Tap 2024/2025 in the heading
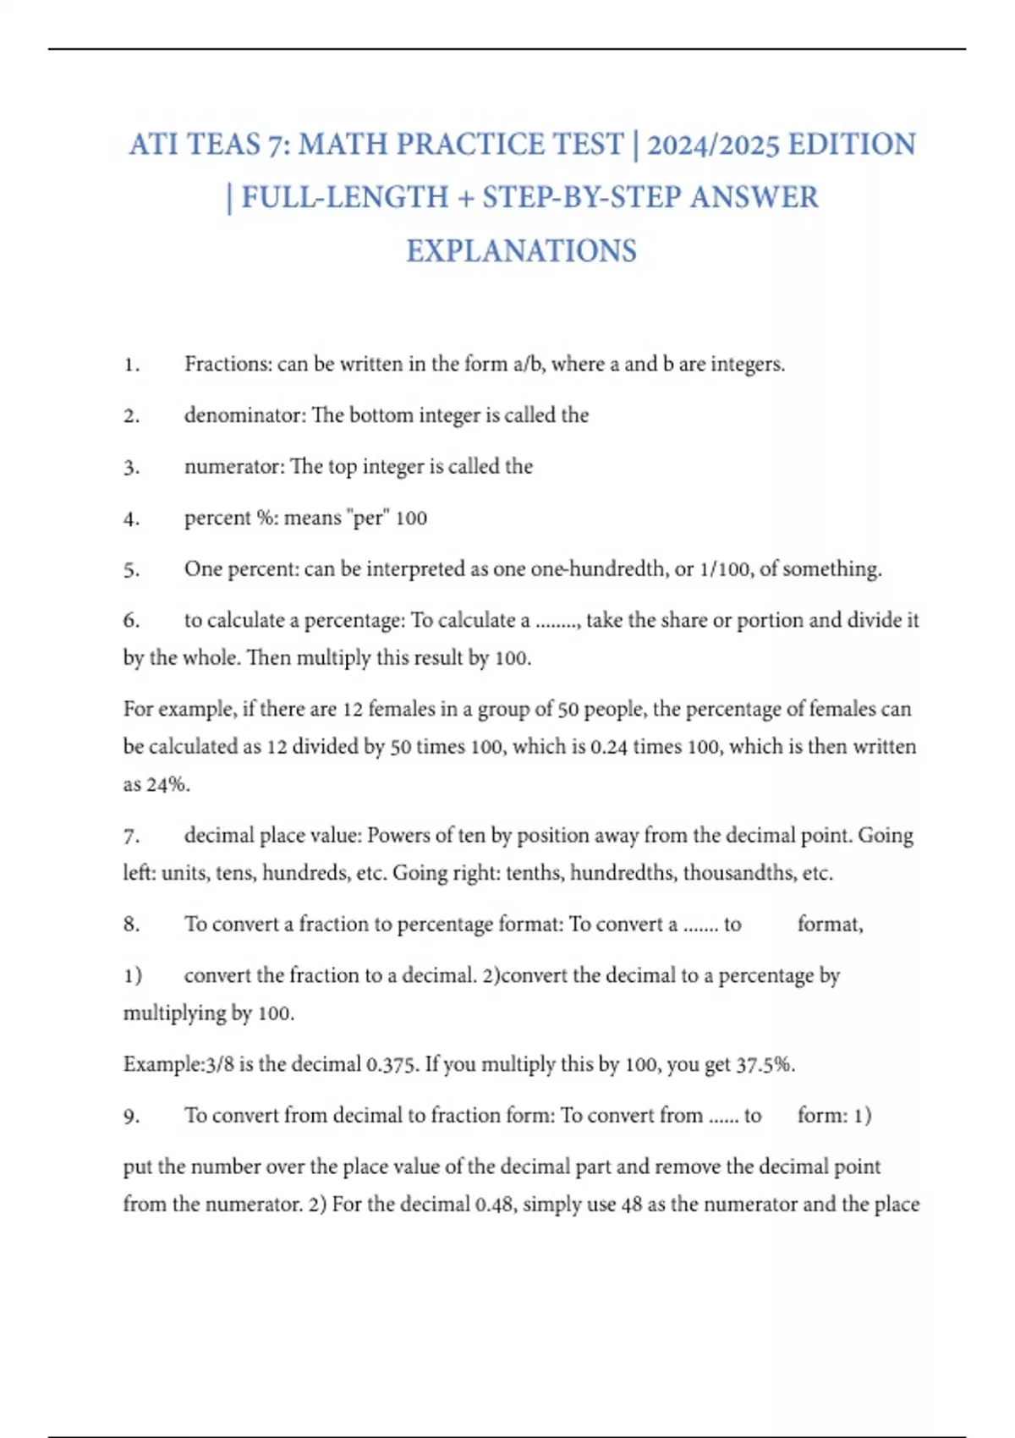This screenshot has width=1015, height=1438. (x=713, y=145)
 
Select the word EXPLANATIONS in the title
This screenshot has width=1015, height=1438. (x=521, y=251)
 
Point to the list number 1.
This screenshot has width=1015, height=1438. (x=131, y=365)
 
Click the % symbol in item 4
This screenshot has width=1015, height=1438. (x=266, y=518)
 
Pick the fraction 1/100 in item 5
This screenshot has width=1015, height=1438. (x=725, y=569)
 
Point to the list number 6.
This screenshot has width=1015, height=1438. (x=131, y=621)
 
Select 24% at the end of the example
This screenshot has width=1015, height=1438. (x=167, y=784)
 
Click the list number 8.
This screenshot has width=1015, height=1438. (x=131, y=925)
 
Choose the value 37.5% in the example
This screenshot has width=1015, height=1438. (x=765, y=1064)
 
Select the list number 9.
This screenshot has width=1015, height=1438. (x=131, y=1116)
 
